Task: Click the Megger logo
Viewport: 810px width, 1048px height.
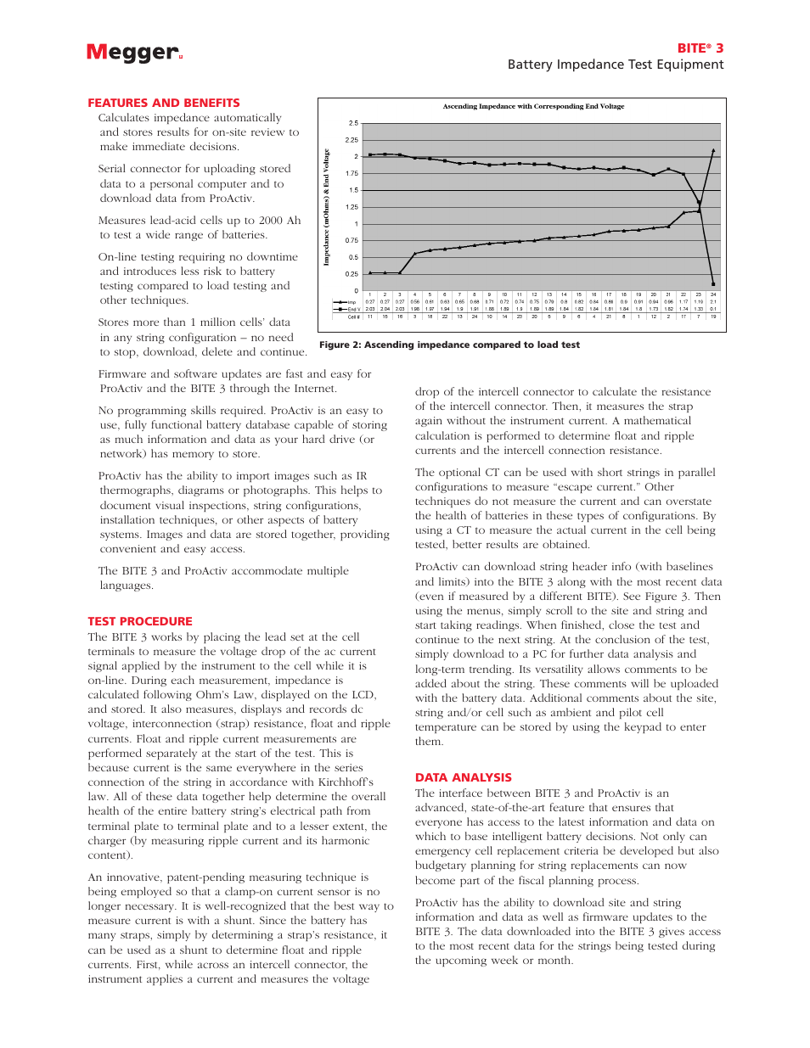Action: (x=134, y=53)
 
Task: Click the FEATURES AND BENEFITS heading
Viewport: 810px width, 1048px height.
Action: (x=164, y=103)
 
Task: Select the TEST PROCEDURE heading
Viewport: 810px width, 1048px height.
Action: (x=140, y=621)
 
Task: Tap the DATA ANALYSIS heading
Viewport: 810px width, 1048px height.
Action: (x=464, y=777)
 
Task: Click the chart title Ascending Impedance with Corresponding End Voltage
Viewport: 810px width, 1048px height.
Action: (x=533, y=107)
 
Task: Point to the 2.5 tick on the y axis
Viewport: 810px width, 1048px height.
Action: (x=353, y=123)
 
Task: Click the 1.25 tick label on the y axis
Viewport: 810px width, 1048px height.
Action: (x=352, y=207)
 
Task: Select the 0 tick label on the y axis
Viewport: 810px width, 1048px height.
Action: (x=356, y=290)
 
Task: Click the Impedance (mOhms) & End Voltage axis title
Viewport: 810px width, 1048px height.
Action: (x=326, y=207)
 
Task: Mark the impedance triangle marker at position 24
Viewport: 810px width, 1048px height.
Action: (x=713, y=150)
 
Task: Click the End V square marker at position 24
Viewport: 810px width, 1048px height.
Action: (x=713, y=284)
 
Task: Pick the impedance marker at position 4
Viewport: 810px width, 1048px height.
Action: (x=415, y=253)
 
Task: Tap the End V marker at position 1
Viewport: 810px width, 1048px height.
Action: (x=370, y=155)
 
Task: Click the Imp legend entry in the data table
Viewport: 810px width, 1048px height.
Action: (x=347, y=302)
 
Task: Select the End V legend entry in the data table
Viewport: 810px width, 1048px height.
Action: (x=347, y=310)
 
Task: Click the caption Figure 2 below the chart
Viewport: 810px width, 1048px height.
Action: (x=449, y=345)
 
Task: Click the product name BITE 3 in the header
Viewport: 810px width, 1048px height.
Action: (x=700, y=48)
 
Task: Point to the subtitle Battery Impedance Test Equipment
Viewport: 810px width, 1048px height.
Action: (x=616, y=64)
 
